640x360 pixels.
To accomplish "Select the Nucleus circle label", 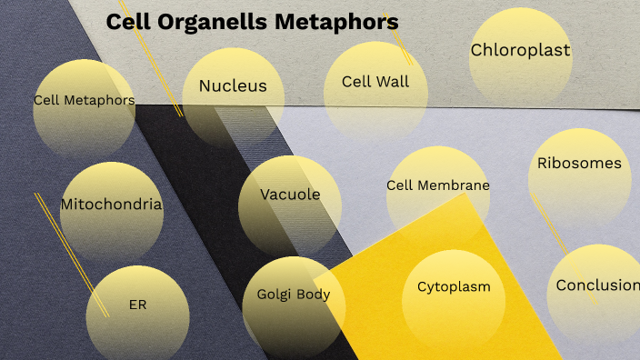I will [233, 86].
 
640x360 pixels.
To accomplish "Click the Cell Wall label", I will [375, 82].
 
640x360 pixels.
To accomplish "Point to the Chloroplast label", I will [520, 51].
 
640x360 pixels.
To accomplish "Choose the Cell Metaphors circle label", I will [84, 100].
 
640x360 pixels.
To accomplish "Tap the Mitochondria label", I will [111, 205].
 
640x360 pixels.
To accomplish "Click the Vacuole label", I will [290, 195].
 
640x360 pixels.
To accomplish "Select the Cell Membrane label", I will [438, 185].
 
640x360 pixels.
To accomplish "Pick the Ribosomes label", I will [579, 164].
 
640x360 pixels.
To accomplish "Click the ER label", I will [137, 305].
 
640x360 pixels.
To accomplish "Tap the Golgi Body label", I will [293, 295].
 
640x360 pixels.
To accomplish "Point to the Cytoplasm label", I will [454, 286].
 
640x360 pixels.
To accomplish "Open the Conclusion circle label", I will [597, 285].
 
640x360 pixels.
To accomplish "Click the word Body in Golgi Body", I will [312, 295].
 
